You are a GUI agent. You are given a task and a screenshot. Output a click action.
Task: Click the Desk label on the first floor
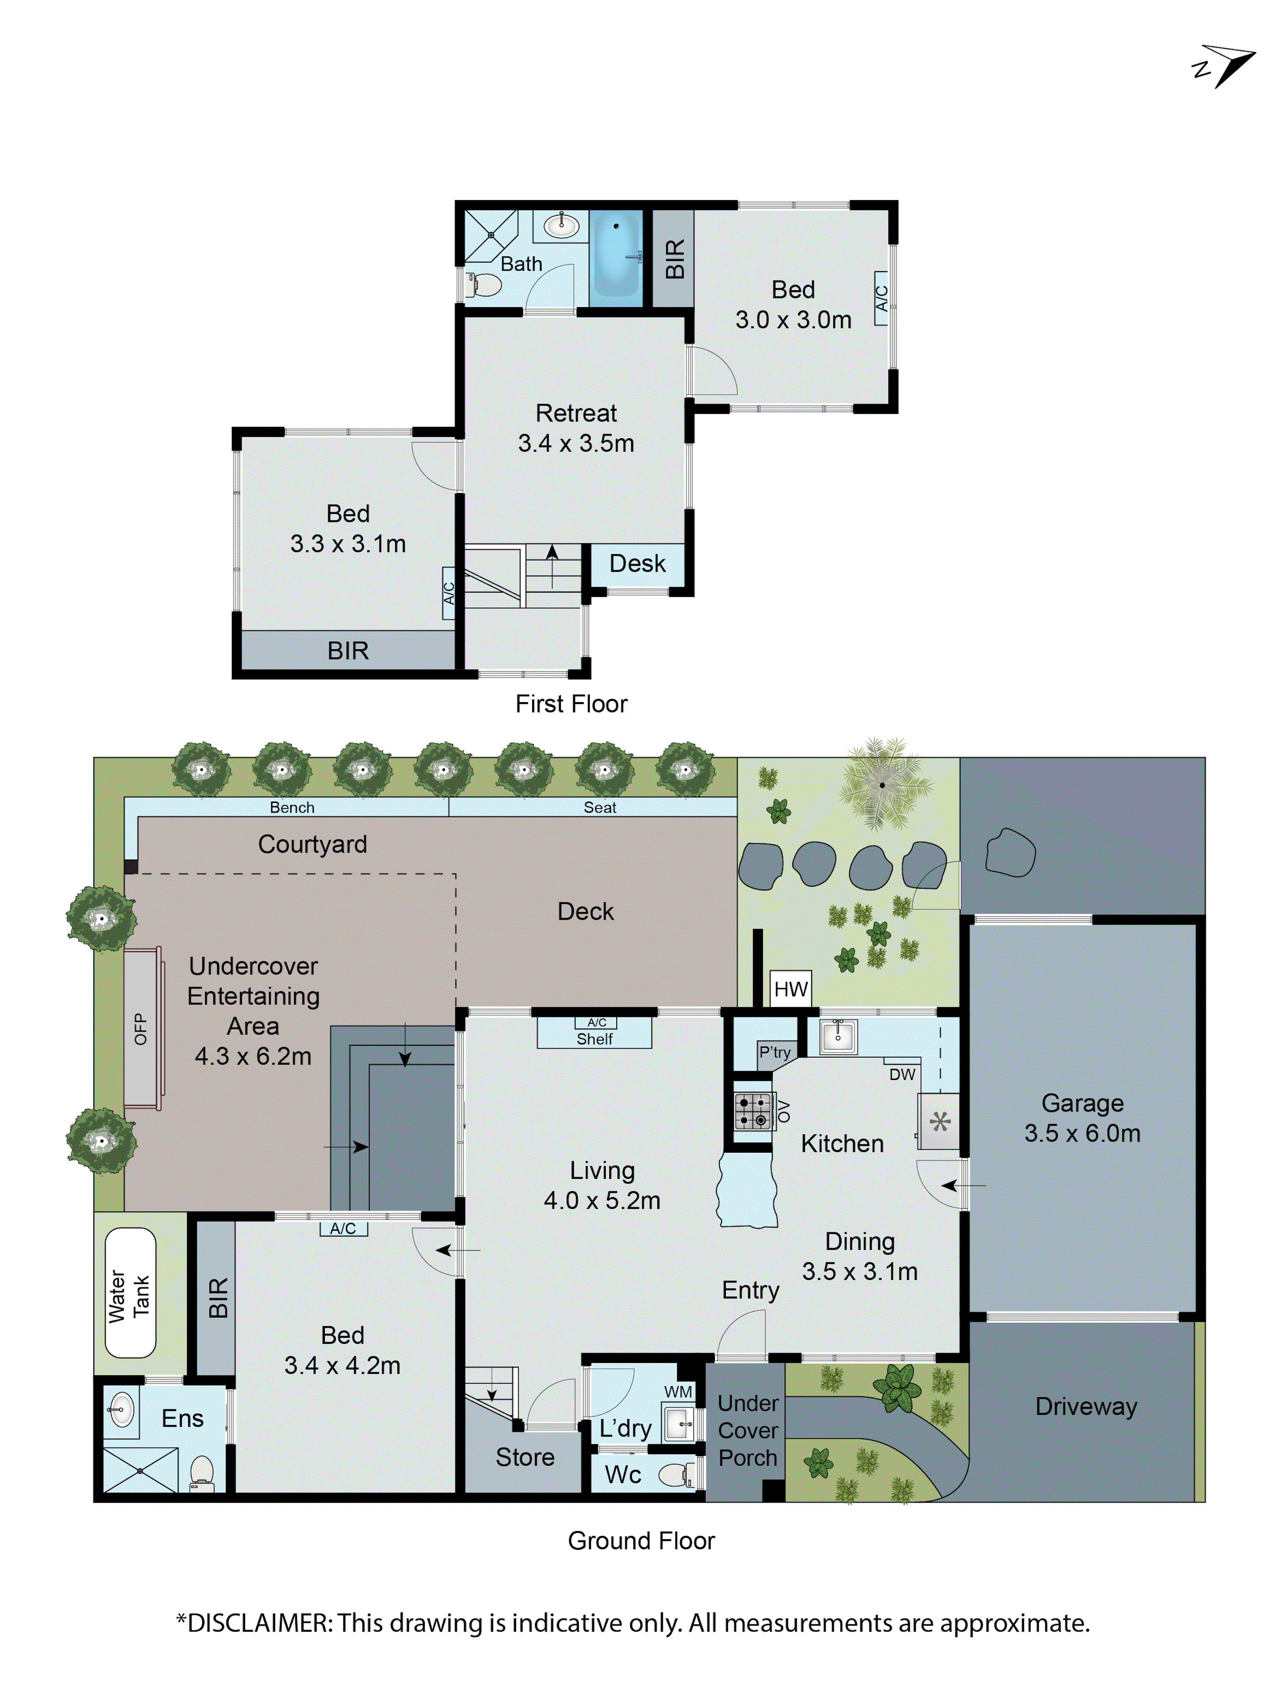coord(637,564)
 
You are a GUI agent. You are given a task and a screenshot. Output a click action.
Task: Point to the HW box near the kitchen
coord(790,989)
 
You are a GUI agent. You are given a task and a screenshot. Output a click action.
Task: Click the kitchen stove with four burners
coord(753,1111)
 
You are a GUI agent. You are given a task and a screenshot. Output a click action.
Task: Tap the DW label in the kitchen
coord(902,1074)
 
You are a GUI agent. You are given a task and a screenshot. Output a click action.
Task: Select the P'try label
coord(774,1052)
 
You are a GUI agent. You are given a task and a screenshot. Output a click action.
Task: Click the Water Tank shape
coord(130,1293)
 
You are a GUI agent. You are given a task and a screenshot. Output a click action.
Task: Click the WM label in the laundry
coord(678,1391)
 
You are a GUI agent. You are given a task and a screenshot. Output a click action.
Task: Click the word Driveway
coord(1085,1406)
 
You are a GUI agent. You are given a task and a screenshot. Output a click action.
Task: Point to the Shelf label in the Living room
coord(594,1039)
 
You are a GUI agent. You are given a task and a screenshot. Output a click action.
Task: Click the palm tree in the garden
coord(882,785)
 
